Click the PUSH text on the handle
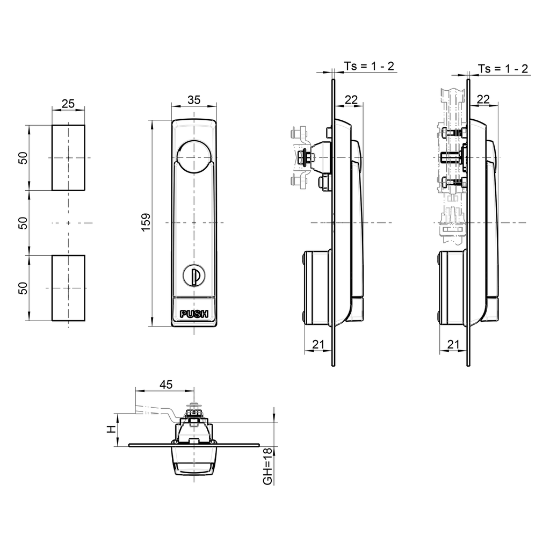click(x=194, y=315)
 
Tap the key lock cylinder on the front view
click(x=194, y=276)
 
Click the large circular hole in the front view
click(x=194, y=157)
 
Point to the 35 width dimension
click(x=194, y=99)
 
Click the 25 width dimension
click(x=68, y=104)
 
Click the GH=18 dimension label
click(x=267, y=466)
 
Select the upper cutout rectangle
click(x=68, y=158)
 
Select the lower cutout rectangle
click(x=68, y=288)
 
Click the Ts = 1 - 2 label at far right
click(x=503, y=69)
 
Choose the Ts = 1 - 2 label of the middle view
click(x=369, y=67)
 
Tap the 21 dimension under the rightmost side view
click(x=453, y=344)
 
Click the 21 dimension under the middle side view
click(x=318, y=344)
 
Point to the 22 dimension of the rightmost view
click(x=483, y=99)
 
